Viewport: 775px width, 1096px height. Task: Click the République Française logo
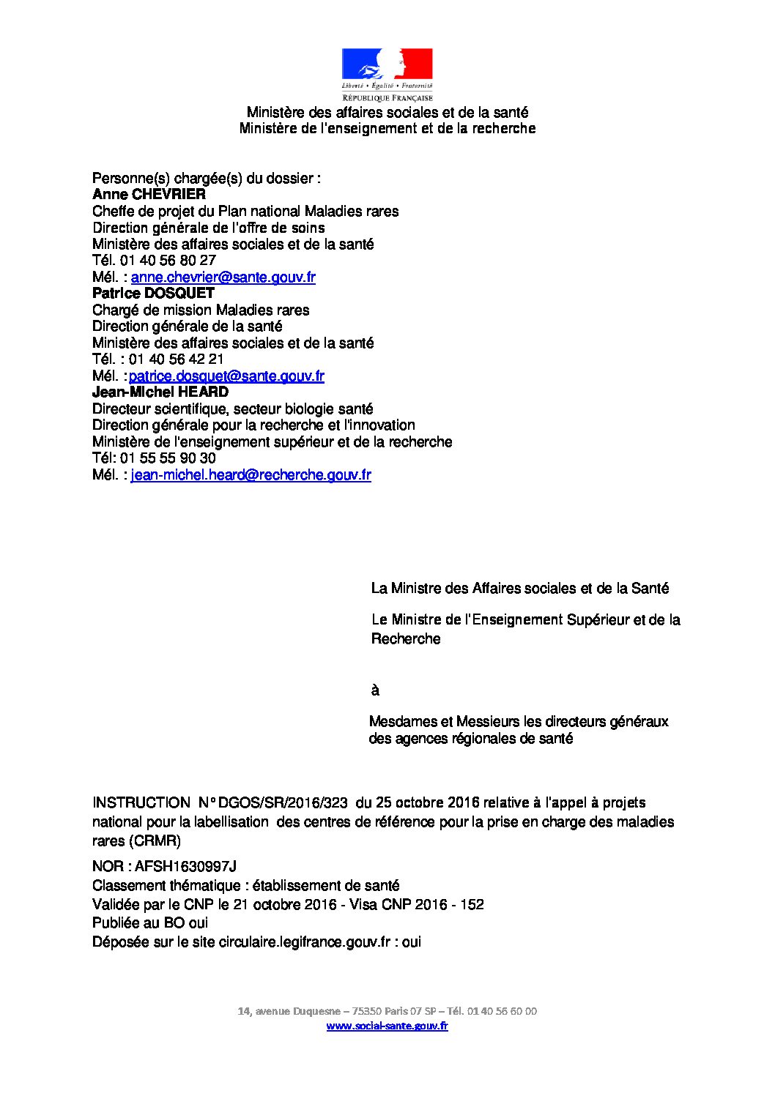coord(387,74)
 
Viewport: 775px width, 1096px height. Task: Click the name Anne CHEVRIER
coord(149,195)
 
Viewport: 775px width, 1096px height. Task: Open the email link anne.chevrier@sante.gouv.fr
coord(223,277)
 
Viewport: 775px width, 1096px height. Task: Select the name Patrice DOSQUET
coord(153,294)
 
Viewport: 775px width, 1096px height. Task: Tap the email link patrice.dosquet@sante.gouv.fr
coord(226,376)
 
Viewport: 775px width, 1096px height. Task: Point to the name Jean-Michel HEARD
coord(160,392)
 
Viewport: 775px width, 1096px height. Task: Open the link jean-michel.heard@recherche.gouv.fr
coord(251,475)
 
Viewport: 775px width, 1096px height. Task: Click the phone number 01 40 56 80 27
coord(173,261)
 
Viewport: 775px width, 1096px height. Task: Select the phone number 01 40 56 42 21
coord(177,359)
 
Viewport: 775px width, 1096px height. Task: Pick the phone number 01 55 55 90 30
coord(168,458)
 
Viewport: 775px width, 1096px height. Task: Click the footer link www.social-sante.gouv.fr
coord(387,1026)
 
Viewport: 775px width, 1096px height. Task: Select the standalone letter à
coord(375,690)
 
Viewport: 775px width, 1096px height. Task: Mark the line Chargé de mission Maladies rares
coord(201,310)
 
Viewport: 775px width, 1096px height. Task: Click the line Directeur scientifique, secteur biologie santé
coord(232,409)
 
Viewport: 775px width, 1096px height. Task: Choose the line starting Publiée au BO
coord(150,923)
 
